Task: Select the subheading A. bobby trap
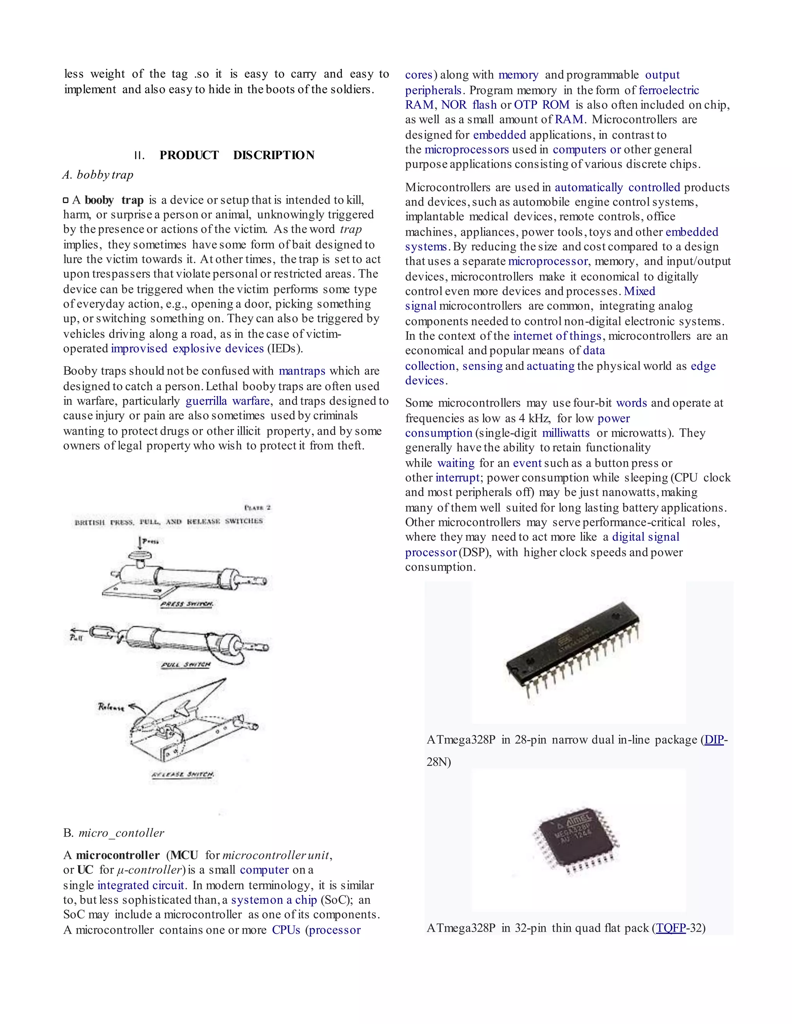(x=98, y=175)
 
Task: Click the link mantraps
(x=302, y=371)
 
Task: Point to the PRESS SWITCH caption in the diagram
(x=187, y=604)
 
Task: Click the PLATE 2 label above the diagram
(x=257, y=507)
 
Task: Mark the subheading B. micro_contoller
(x=114, y=833)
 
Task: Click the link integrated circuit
(x=140, y=885)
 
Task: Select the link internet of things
(x=557, y=336)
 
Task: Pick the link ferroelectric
(x=669, y=90)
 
